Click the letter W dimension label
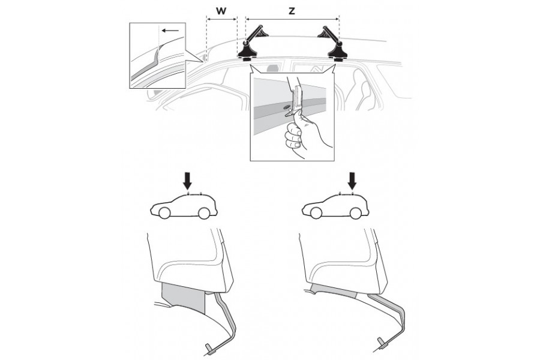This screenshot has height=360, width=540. pyautogui.click(x=221, y=11)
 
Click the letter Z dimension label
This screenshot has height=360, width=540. pyautogui.click(x=292, y=11)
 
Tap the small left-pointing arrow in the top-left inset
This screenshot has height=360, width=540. pyautogui.click(x=170, y=31)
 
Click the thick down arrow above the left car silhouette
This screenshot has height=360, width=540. pyautogui.click(x=187, y=181)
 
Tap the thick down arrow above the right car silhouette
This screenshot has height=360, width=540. pyautogui.click(x=352, y=181)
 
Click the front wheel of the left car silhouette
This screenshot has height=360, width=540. pyautogui.click(x=164, y=213)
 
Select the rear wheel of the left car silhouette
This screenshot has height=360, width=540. pyautogui.click(x=204, y=213)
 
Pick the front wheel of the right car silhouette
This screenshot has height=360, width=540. pyautogui.click(x=316, y=213)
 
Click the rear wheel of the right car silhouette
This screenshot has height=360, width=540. pyautogui.click(x=355, y=213)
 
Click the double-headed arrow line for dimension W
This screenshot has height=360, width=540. pyautogui.click(x=221, y=19)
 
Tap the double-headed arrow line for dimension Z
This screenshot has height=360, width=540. pyautogui.click(x=292, y=19)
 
